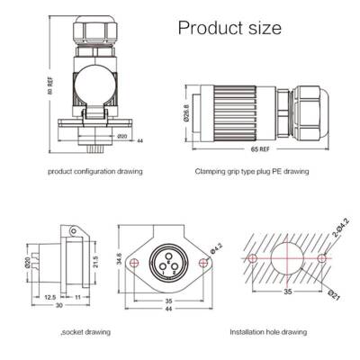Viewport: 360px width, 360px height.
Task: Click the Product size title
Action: pyautogui.click(x=229, y=29)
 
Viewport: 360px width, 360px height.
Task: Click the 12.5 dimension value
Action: pyautogui.click(x=52, y=296)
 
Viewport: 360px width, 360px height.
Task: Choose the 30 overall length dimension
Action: pyautogui.click(x=58, y=306)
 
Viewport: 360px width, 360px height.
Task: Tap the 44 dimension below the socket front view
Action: pyautogui.click(x=168, y=307)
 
